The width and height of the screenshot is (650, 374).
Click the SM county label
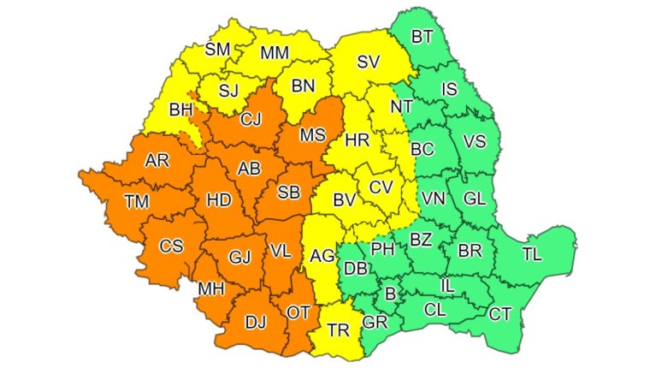[218, 49]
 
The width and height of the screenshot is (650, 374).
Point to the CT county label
[500, 314]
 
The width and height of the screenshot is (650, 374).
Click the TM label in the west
[136, 202]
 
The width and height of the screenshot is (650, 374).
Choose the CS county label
[171, 246]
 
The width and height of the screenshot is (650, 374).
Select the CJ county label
[250, 119]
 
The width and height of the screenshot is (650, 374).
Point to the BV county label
[344, 200]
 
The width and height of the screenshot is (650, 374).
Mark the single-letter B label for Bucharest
[391, 294]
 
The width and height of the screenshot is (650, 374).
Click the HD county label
[219, 200]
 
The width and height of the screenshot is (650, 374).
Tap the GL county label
[475, 197]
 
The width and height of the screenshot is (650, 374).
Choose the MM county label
[275, 52]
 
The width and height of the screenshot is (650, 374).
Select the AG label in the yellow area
[322, 255]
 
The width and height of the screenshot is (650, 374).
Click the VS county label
[475, 141]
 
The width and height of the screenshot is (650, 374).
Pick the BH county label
[180, 110]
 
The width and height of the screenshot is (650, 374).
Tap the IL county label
[446, 283]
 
